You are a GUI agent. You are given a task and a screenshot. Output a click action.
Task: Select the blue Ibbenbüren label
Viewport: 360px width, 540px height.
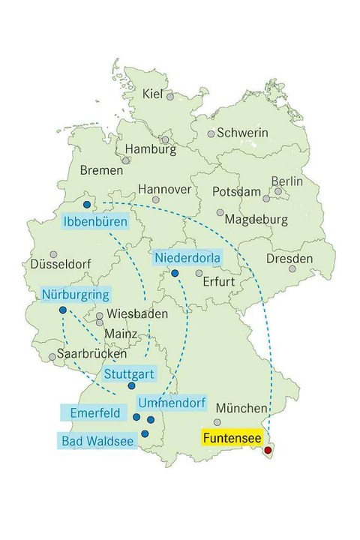(95, 222)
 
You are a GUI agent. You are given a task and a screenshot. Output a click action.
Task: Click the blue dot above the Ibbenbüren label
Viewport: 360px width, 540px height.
(87, 205)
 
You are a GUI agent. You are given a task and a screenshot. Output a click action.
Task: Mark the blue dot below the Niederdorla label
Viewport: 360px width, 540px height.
(175, 274)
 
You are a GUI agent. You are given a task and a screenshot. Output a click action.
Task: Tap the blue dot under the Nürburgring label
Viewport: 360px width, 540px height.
(62, 310)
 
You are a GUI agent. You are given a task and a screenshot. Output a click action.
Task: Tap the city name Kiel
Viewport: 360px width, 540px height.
(152, 94)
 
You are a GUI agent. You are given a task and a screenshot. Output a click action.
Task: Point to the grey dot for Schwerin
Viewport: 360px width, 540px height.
(211, 134)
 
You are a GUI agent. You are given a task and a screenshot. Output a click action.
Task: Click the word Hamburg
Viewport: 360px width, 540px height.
(150, 149)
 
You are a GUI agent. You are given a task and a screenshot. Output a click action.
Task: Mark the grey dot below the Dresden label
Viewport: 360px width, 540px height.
(292, 268)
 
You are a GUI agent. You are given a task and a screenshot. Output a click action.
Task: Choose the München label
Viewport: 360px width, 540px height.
(241, 409)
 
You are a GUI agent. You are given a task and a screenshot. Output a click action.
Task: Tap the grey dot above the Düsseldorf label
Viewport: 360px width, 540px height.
(53, 255)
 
